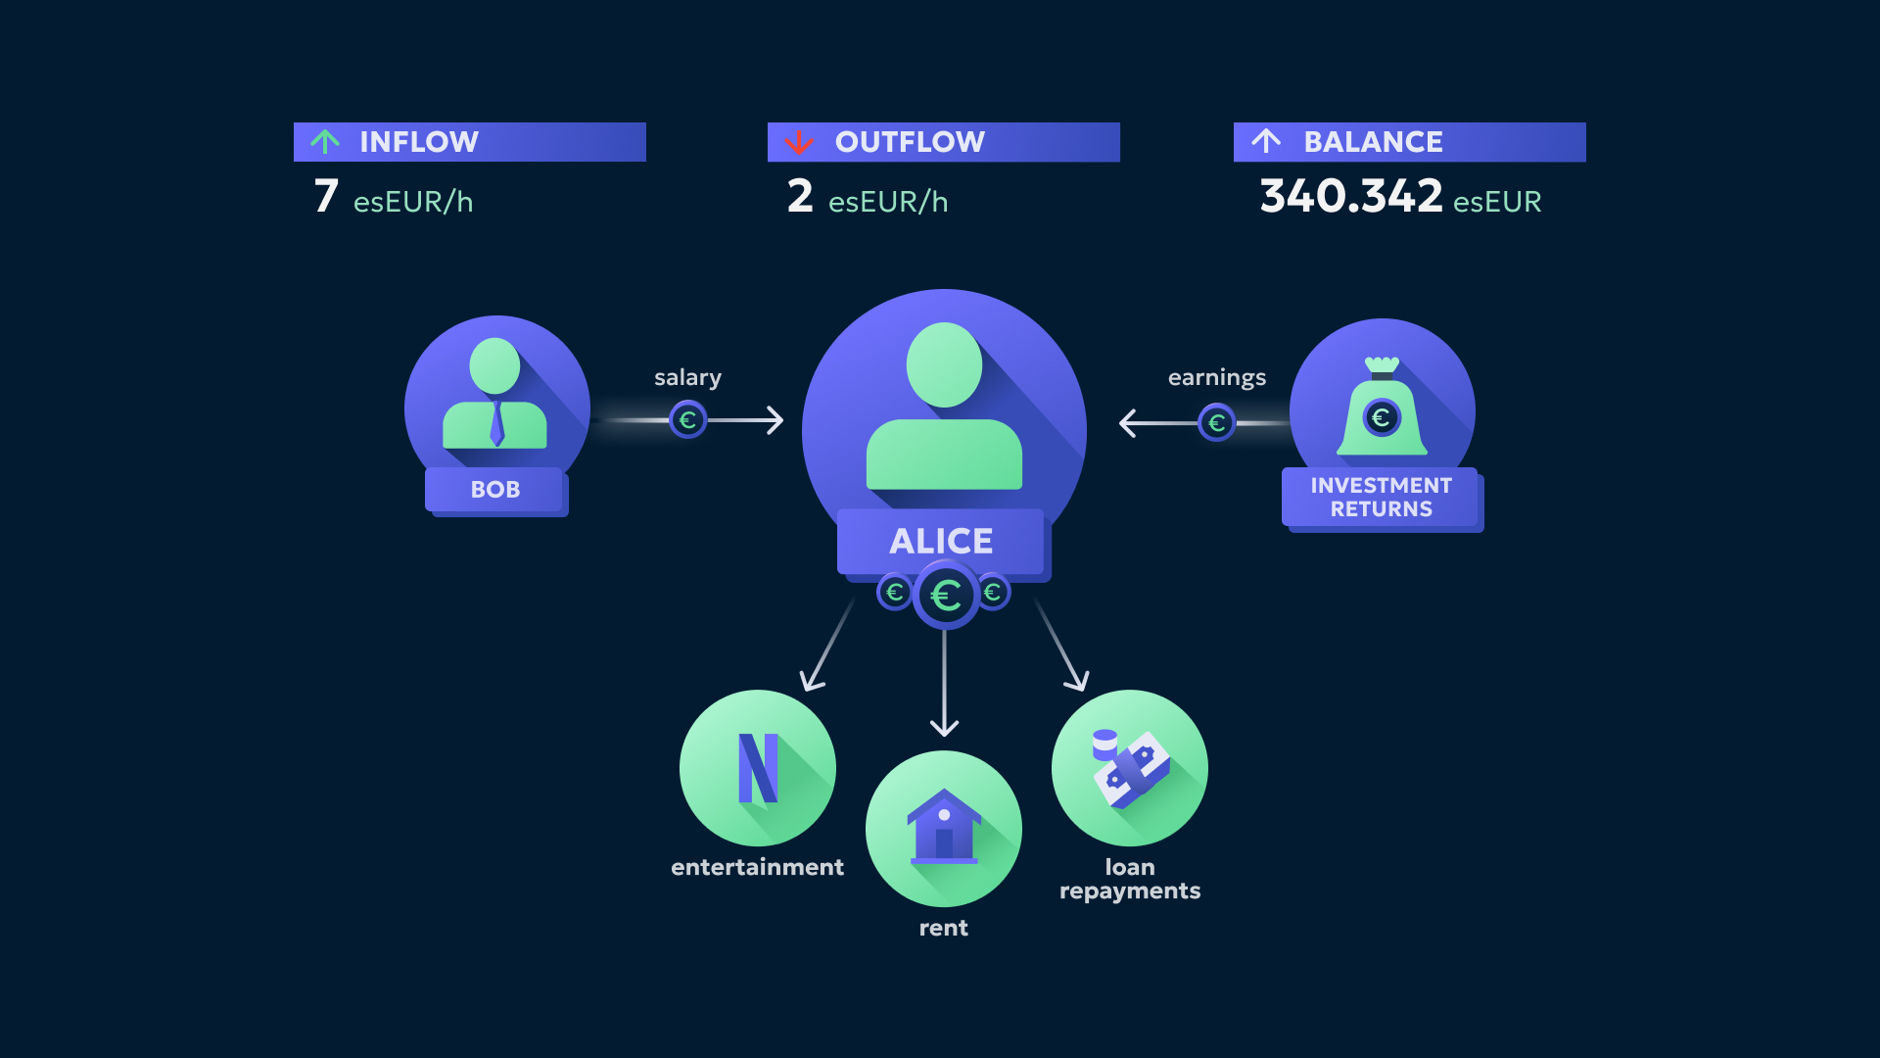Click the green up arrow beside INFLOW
pyautogui.click(x=325, y=142)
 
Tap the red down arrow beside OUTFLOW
pyautogui.click(x=799, y=143)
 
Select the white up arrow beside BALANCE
pyautogui.click(x=1266, y=141)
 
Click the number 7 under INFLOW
pyautogui.click(x=326, y=196)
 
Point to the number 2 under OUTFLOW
pyautogui.click(x=800, y=196)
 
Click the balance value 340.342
pyautogui.click(x=1350, y=196)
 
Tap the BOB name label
pyautogui.click(x=495, y=490)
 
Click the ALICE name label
pyautogui.click(x=941, y=541)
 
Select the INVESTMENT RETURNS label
pyautogui.click(x=1381, y=498)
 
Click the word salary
pyautogui.click(x=687, y=378)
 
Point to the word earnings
pyautogui.click(x=1216, y=378)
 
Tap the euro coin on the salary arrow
pyautogui.click(x=687, y=420)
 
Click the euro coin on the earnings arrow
pyautogui.click(x=1216, y=423)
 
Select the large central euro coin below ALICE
pyautogui.click(x=945, y=595)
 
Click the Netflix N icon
pyautogui.click(x=758, y=768)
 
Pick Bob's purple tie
pyautogui.click(x=496, y=423)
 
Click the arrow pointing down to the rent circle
pyautogui.click(x=944, y=686)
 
